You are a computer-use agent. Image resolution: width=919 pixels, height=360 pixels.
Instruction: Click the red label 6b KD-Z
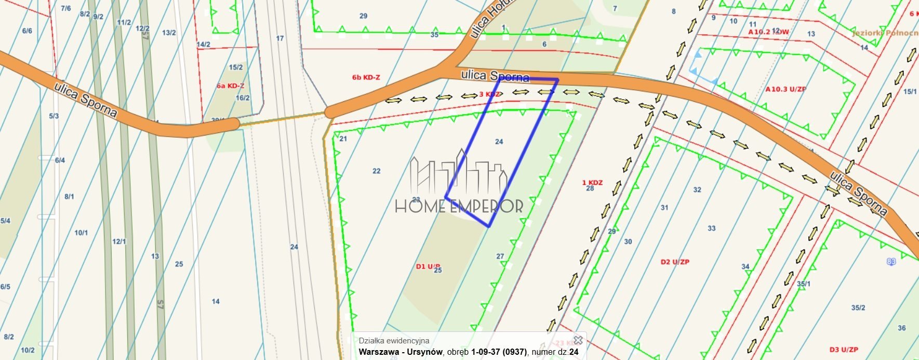point(366,77)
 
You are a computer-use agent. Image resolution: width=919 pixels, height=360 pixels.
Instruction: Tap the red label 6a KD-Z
point(230,86)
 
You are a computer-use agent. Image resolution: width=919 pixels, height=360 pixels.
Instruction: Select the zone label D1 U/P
point(428,266)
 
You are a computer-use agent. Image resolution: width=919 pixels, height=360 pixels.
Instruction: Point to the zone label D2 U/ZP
point(675,262)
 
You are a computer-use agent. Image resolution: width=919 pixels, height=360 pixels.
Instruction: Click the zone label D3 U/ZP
point(843,350)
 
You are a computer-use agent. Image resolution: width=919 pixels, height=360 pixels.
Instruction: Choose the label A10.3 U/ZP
point(785,89)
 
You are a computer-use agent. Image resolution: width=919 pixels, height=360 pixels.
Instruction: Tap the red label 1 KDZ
point(592,182)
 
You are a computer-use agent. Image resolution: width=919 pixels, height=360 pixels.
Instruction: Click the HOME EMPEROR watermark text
point(459,206)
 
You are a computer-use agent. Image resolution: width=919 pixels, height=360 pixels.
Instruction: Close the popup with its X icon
point(577,340)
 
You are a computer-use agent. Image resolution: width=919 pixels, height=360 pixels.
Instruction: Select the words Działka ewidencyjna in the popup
point(394,340)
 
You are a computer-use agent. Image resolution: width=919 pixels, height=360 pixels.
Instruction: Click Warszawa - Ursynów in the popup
point(400,352)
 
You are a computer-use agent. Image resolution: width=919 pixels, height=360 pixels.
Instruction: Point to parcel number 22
point(377,171)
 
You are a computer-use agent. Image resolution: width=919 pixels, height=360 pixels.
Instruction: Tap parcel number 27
point(500,256)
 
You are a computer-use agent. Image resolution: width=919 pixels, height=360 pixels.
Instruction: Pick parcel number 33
point(711,228)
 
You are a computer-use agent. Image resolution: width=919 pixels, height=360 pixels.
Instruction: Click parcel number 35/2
point(858,308)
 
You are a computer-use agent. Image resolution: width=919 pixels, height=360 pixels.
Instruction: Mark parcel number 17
point(280,38)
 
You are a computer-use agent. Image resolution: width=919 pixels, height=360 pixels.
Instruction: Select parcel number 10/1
point(81,233)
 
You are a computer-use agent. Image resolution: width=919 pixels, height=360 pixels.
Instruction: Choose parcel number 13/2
point(169,33)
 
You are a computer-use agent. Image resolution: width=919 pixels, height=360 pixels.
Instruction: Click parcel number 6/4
point(60,161)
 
